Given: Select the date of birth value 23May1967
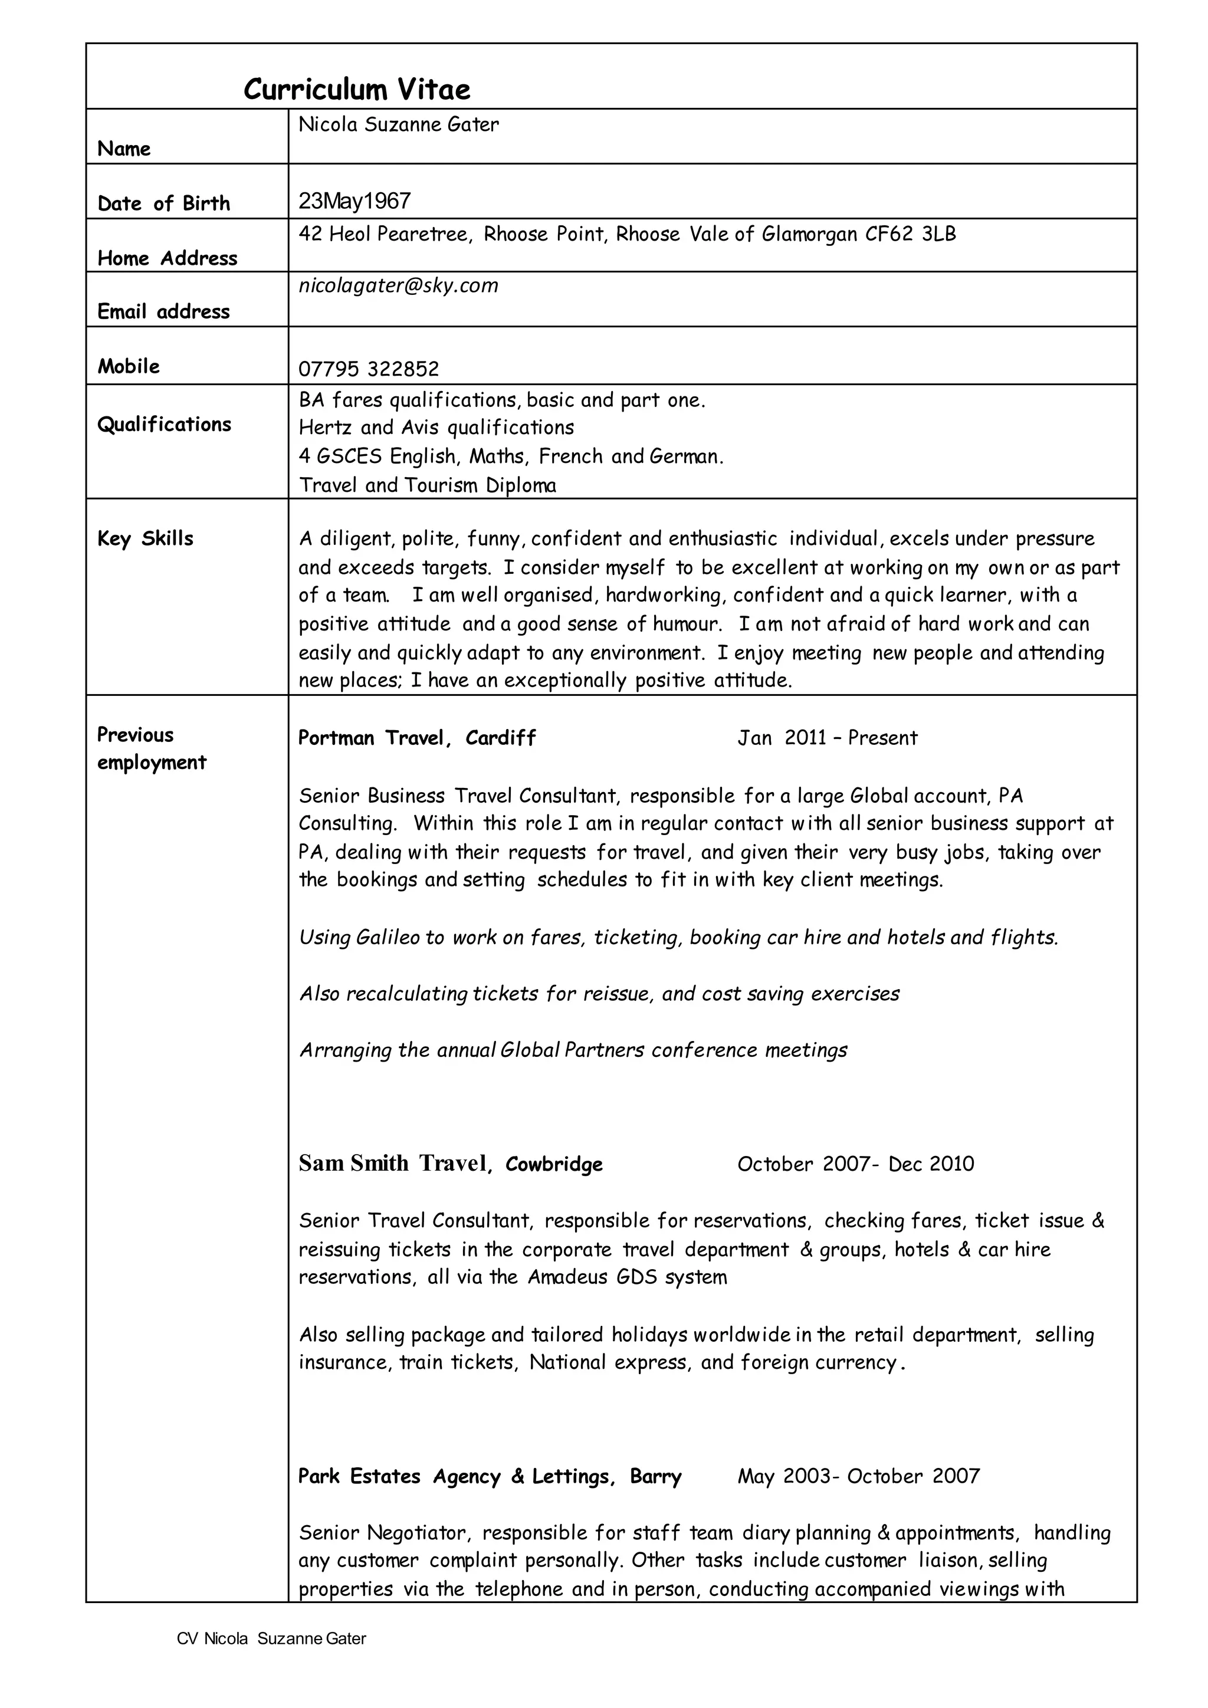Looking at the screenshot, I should [x=355, y=201].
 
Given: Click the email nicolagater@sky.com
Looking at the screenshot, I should [x=399, y=285].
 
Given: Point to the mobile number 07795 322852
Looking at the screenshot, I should [x=369, y=369].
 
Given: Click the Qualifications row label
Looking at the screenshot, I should [x=165, y=424].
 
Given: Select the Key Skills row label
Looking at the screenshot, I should [x=145, y=538].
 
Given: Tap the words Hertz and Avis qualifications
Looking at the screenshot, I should [x=436, y=428].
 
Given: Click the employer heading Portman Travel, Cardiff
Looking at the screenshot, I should [x=417, y=738].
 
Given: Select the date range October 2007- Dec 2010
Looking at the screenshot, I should [x=855, y=1164].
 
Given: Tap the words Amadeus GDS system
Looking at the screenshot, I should [x=627, y=1277].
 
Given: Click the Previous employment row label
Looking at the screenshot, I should [x=152, y=748].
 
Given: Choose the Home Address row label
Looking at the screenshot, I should [x=168, y=258].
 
